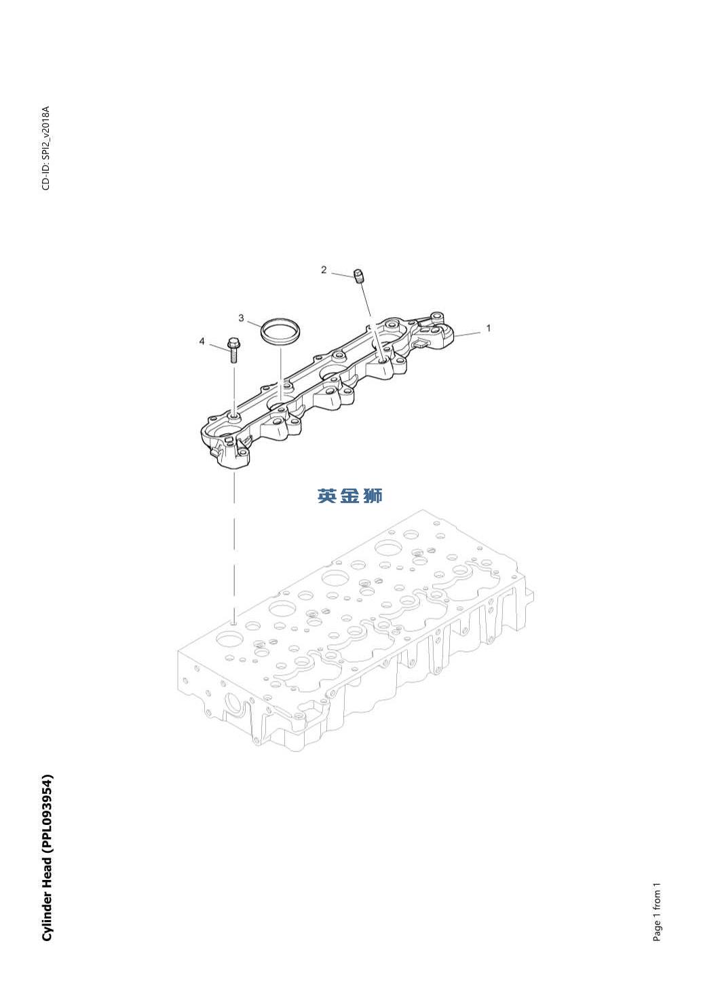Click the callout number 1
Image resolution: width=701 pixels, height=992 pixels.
pos(488,328)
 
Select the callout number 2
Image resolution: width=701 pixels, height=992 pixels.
pos(324,270)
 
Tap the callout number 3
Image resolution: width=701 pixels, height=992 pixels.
pos(241,318)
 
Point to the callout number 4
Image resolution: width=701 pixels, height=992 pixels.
pos(202,341)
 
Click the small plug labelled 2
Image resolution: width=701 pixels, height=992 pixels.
pos(359,276)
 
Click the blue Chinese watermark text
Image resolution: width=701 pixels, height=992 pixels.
pos(349,496)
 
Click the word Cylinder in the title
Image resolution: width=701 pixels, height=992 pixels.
pos(46,915)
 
